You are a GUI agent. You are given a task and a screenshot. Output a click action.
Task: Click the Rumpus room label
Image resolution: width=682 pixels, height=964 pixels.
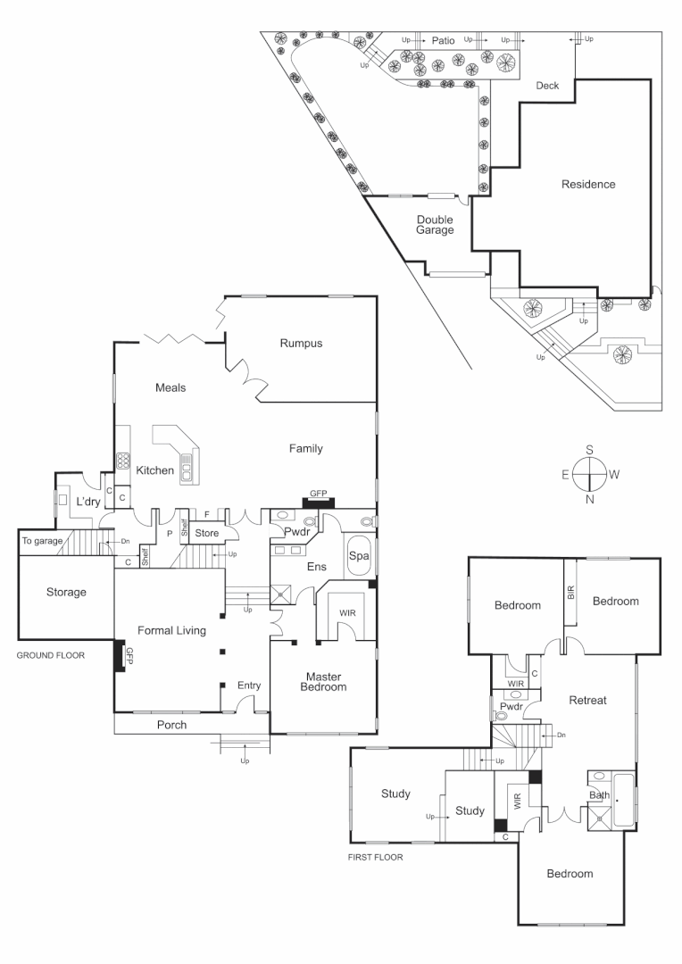pyautogui.click(x=300, y=343)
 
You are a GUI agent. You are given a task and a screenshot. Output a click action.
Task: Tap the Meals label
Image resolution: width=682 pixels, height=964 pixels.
pyautogui.click(x=170, y=387)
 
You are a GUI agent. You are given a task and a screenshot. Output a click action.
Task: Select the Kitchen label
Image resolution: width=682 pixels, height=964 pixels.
pyautogui.click(x=154, y=470)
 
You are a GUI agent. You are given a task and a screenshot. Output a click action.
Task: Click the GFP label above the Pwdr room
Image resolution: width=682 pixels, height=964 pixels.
pyautogui.click(x=318, y=494)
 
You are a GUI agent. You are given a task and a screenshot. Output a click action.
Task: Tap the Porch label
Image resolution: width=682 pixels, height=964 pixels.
pyautogui.click(x=171, y=725)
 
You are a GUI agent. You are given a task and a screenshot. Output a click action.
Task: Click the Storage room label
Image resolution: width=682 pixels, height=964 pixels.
pyautogui.click(x=65, y=592)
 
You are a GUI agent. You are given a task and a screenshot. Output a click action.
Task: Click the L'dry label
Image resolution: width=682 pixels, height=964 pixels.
pyautogui.click(x=87, y=502)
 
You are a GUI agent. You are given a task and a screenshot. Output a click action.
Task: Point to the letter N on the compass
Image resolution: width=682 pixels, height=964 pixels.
pyautogui.click(x=589, y=499)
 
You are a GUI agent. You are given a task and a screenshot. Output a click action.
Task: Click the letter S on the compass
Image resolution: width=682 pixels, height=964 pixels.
pyautogui.click(x=589, y=450)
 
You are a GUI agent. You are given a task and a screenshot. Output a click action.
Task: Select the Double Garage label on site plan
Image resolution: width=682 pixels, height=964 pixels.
pyautogui.click(x=436, y=224)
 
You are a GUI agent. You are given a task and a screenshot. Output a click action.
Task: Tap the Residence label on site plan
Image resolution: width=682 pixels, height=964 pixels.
pyautogui.click(x=588, y=185)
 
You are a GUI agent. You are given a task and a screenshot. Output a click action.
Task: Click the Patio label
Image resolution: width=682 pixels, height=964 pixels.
pyautogui.click(x=444, y=40)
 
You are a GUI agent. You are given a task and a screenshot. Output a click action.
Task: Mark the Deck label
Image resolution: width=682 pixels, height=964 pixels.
pyautogui.click(x=546, y=87)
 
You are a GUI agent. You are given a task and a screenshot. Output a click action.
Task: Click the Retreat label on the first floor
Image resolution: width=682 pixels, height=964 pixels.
pyautogui.click(x=587, y=701)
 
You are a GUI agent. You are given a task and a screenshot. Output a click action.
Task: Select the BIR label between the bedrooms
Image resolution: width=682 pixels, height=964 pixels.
pyautogui.click(x=570, y=592)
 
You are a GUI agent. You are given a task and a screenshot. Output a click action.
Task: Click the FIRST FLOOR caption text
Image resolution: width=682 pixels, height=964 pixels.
pyautogui.click(x=375, y=857)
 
